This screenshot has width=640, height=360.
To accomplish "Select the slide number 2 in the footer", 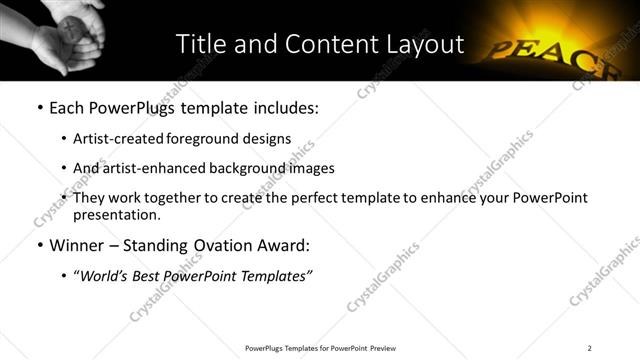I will [590, 347].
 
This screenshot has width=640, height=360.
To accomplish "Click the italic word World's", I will [101, 275].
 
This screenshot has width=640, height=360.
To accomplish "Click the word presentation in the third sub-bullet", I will [113, 214].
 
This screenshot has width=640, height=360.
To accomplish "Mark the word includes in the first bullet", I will [286, 107].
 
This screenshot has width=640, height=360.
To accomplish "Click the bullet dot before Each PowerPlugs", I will [38, 107].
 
